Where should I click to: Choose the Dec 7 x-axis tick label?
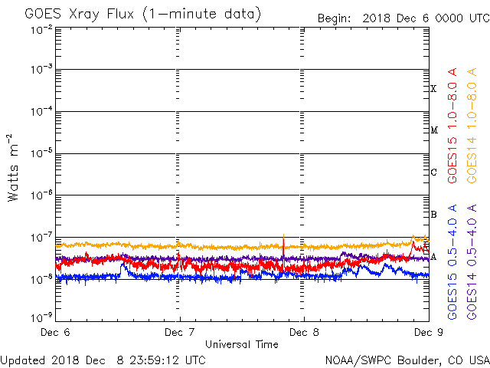click(x=180, y=332)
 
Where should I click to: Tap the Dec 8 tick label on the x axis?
click(x=304, y=332)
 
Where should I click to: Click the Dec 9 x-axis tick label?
click(x=426, y=332)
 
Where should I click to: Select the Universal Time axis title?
click(x=241, y=344)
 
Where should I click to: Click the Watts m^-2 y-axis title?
click(x=14, y=167)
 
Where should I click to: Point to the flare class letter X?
click(x=433, y=89)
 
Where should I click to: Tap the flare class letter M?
click(x=433, y=130)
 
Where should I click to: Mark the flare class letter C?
click(x=433, y=172)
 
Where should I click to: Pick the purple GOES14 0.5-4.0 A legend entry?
click(x=472, y=261)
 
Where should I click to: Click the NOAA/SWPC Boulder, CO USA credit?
click(x=407, y=360)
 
